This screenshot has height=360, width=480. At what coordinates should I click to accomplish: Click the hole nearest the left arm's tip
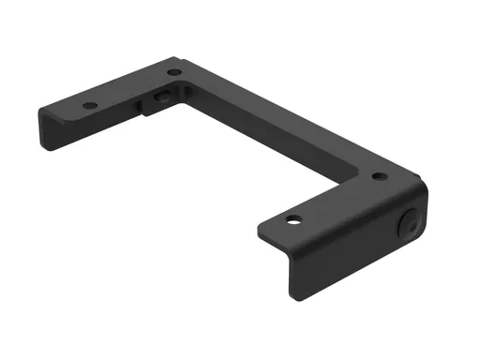point(89,106)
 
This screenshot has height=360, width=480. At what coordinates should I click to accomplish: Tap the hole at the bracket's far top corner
point(174,72)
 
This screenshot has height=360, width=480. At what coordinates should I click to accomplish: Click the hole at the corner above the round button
point(378,175)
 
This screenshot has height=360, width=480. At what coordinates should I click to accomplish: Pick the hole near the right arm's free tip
point(294,220)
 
